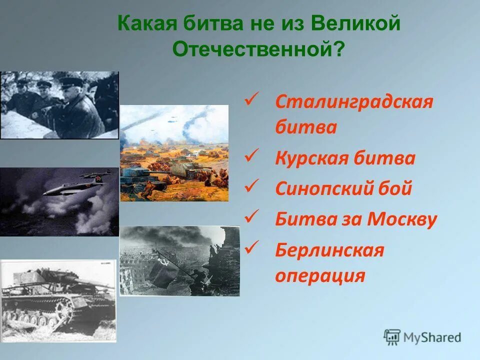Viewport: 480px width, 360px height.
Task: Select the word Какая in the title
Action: pyautogui.click(x=147, y=23)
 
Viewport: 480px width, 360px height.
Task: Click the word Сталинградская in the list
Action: pyautogui.click(x=354, y=102)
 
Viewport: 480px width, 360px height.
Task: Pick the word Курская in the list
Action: pyautogui.click(x=311, y=158)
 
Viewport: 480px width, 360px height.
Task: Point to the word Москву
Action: pyautogui.click(x=402, y=219)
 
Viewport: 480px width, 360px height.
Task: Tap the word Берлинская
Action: pyautogui.click(x=329, y=250)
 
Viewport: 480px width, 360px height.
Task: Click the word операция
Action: pyautogui.click(x=320, y=276)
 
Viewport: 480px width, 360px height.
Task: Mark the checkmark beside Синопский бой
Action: pyautogui.click(x=251, y=185)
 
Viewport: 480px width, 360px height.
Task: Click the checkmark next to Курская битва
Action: pyautogui.click(x=251, y=155)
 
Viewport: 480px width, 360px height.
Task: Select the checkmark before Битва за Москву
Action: pyautogui.click(x=251, y=216)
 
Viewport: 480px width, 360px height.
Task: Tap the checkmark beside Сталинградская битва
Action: pyautogui.click(x=251, y=98)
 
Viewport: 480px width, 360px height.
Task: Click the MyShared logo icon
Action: pyautogui.click(x=392, y=337)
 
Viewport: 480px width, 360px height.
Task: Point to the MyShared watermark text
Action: pyautogui.click(x=432, y=337)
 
